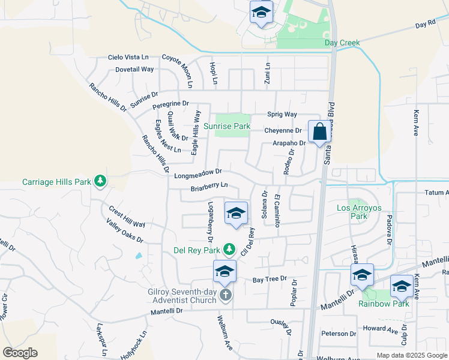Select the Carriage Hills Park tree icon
click(101, 181)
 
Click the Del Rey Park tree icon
click(228, 249)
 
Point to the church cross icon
click(226, 294)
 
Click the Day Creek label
click(342, 43)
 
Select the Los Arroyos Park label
click(359, 212)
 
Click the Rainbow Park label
click(384, 304)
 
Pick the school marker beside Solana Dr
click(236, 214)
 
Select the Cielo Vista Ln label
click(128, 57)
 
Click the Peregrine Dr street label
click(170, 105)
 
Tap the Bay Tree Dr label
click(267, 280)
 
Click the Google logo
click(20, 353)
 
